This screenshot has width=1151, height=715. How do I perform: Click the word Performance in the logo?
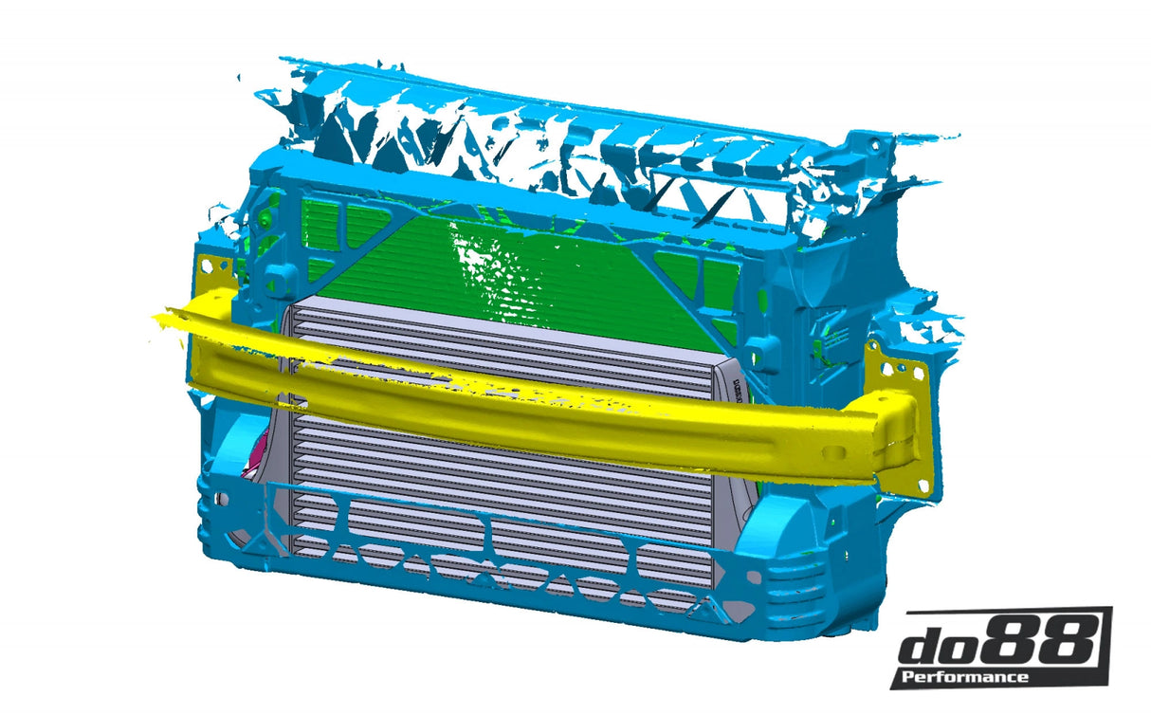(964, 676)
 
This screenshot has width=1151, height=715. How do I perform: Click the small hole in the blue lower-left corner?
(223, 495)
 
